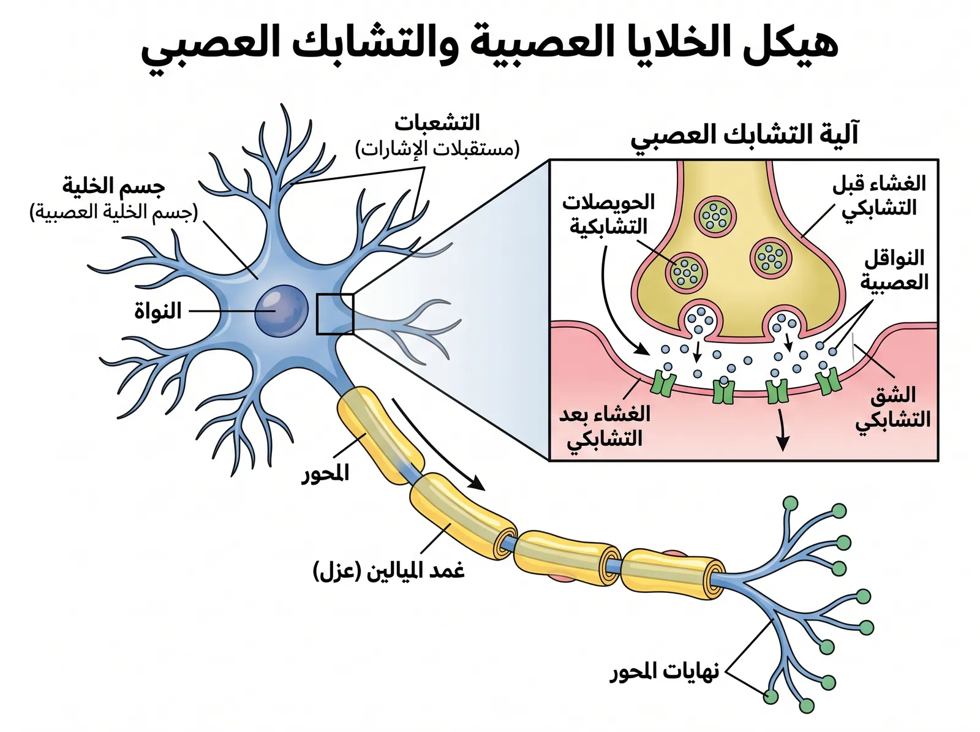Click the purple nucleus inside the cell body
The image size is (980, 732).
[x=281, y=311]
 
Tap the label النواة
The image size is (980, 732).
[x=157, y=312]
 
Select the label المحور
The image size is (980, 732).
[x=325, y=473]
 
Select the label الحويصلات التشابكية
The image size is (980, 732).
[x=608, y=214]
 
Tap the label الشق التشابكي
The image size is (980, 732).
[x=893, y=407]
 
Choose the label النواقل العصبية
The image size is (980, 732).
[x=894, y=270]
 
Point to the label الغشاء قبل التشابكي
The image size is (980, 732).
[x=879, y=195]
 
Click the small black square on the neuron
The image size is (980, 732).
[x=335, y=314]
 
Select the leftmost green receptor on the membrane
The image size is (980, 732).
[x=662, y=382]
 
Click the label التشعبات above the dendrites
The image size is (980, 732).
[x=437, y=123]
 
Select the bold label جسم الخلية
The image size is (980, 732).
[x=113, y=186]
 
